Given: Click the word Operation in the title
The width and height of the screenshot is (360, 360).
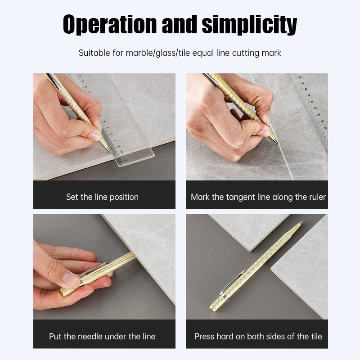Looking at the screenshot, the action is click(110, 24).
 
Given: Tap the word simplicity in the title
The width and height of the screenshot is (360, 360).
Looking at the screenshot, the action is click(249, 25).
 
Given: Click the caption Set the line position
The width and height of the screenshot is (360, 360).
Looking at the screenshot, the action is click(102, 197).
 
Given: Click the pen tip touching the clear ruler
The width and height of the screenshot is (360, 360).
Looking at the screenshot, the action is click(109, 151).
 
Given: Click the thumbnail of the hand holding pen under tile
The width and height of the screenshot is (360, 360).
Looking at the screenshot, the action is click(104, 266).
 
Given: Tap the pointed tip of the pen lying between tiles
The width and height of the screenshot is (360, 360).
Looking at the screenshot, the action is click(303, 221).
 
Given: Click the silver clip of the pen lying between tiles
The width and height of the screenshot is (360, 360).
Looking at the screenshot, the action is click(233, 282).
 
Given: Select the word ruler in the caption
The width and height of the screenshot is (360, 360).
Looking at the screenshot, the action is click(317, 197).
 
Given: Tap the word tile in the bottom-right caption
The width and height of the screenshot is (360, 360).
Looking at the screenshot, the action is click(316, 336).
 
